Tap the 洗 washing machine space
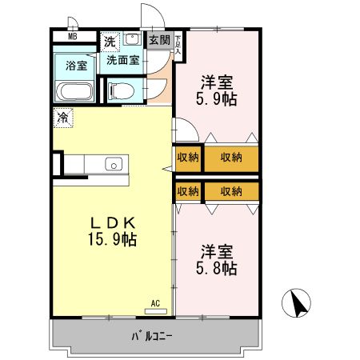109,40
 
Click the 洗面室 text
123,58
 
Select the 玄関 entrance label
159,39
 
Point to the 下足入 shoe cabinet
178,43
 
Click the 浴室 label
77,66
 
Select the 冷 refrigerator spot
62,117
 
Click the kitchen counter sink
113,165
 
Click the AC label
156,303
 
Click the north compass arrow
298,305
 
